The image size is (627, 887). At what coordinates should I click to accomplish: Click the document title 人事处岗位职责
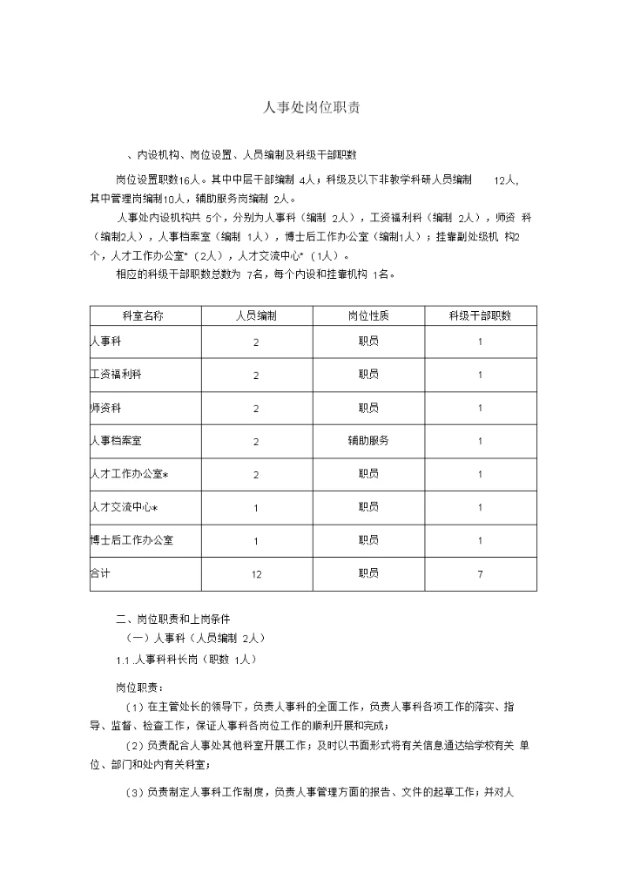(313, 107)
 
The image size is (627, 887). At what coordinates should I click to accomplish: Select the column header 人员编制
(256, 315)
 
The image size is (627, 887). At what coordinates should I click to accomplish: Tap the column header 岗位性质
(368, 315)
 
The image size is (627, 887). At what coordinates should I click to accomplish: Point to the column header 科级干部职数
(480, 315)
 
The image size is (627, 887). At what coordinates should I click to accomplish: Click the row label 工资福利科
(115, 375)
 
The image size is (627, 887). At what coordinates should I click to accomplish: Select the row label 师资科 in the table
(105, 408)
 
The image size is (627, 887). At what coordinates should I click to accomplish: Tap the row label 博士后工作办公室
(131, 540)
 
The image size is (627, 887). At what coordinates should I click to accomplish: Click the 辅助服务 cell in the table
(368, 441)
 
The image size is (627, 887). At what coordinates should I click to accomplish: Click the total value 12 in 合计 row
(256, 574)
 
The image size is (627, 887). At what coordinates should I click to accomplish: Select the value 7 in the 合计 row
(480, 574)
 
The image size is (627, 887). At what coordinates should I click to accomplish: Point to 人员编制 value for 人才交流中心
(256, 508)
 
